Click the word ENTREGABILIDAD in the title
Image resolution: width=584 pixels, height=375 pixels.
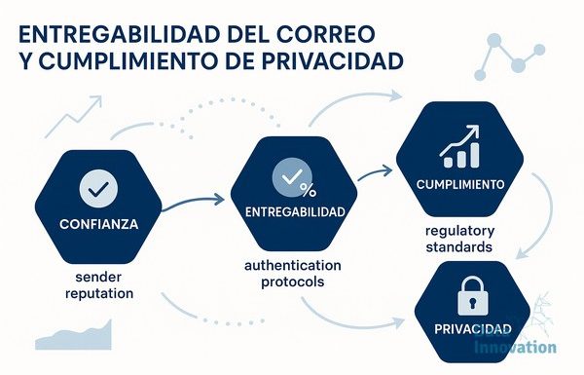[x=119, y=34]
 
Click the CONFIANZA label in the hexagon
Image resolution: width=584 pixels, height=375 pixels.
[x=98, y=224]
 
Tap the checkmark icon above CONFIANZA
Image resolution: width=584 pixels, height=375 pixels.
[x=98, y=188]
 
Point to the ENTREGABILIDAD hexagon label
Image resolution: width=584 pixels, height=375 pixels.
[x=295, y=212]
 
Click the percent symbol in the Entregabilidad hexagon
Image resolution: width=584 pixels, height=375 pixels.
[x=308, y=190]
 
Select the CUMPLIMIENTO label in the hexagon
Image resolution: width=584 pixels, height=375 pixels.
[x=460, y=184]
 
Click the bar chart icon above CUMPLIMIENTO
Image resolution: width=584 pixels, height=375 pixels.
[x=460, y=147]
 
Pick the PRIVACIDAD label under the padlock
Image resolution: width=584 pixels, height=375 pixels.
[x=473, y=329]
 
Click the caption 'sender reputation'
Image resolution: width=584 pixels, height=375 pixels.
[x=99, y=285]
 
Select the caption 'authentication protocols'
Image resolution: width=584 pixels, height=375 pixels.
[x=293, y=274]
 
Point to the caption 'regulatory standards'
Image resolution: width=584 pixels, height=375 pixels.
[x=459, y=239]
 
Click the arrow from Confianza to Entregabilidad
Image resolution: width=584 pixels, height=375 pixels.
[x=193, y=202]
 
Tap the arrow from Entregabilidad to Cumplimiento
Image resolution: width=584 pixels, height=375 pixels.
[x=375, y=173]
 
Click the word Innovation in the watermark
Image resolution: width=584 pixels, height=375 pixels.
[x=515, y=348]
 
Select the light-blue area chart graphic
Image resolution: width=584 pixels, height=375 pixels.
[x=73, y=336]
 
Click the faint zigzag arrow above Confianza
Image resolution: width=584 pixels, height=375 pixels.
[x=73, y=117]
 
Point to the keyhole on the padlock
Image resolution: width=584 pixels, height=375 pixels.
[x=472, y=302]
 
